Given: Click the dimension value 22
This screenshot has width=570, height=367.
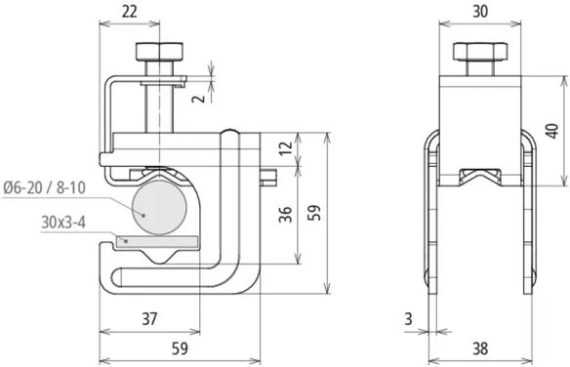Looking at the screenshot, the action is point(130,12).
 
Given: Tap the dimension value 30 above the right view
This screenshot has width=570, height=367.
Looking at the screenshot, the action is point(480,12).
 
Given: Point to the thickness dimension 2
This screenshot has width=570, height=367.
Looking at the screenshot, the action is point(200,98).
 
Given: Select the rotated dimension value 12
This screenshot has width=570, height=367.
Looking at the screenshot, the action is point(286,146).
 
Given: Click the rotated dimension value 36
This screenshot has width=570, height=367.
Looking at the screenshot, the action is point(286,215).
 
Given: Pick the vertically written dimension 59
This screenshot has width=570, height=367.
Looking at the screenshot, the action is point(314,213).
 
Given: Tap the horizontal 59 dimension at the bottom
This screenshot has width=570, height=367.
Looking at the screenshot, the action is point(180,348).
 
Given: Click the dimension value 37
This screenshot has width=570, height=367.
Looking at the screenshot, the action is point(149,318).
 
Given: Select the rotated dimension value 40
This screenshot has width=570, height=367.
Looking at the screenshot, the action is point(552,131).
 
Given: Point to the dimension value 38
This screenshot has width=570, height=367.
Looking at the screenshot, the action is point(480,348).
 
